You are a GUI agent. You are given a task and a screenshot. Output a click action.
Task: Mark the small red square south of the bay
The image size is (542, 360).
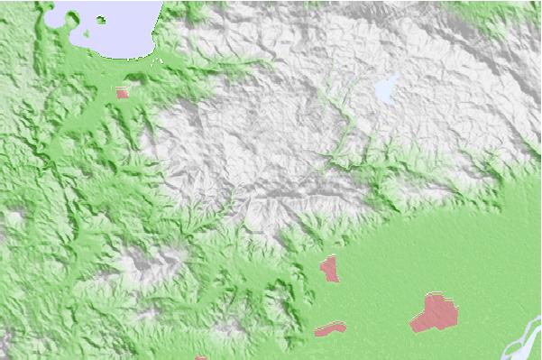(122, 92)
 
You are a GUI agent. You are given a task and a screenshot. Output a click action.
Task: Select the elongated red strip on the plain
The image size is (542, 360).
(330, 329)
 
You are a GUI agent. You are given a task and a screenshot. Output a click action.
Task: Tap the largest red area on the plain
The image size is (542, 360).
(435, 313)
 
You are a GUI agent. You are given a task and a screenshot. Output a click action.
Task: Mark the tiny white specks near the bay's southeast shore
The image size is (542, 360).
(163, 61)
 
